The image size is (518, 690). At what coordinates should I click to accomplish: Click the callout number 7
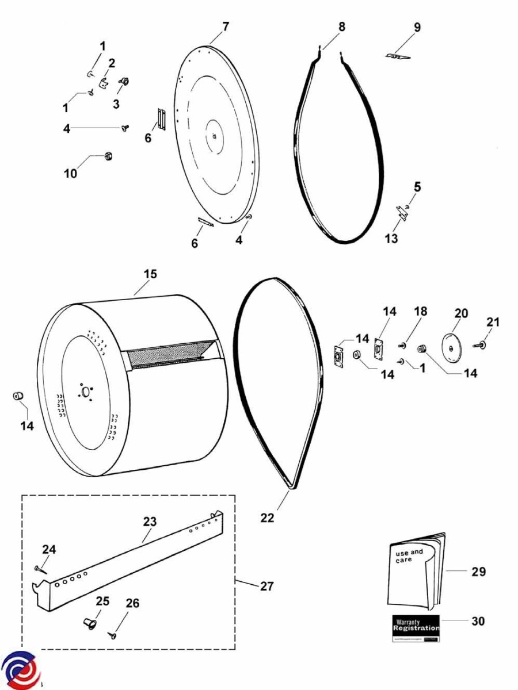coord(226,26)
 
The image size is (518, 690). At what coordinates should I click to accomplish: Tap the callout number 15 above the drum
coord(150,274)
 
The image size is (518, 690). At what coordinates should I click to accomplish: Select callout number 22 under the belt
coord(267,517)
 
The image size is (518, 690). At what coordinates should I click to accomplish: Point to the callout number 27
coord(266,586)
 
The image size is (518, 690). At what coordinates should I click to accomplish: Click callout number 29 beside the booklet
coord(478,572)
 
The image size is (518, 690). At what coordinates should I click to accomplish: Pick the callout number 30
coord(478,621)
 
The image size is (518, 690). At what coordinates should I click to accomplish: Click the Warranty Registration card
coord(416,629)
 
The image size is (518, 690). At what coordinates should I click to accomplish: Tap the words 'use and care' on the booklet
coord(409,555)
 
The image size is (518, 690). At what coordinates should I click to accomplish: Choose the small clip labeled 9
coord(397,56)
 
